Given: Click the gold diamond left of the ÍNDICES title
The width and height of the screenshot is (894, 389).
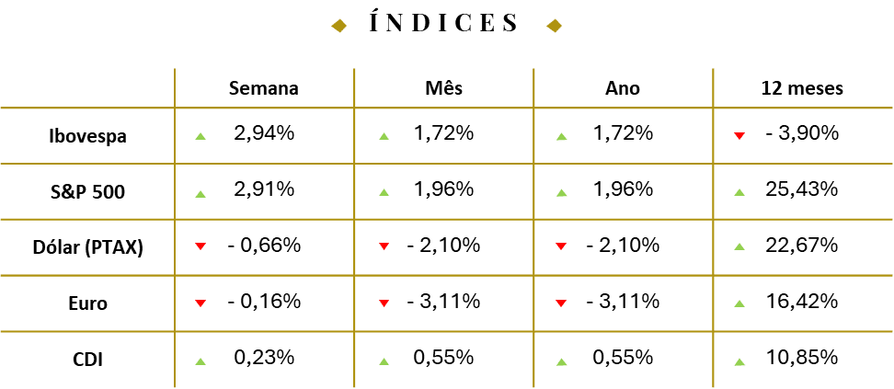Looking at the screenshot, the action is (339, 26).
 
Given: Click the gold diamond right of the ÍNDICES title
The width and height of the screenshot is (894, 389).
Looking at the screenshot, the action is (555, 26).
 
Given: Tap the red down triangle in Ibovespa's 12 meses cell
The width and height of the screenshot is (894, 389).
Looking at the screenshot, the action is (739, 136).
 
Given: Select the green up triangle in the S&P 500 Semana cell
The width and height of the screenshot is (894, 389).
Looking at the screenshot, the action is (201, 194).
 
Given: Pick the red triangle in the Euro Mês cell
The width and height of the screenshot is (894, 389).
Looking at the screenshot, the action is (384, 303).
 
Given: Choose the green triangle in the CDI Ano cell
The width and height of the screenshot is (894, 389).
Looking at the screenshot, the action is (562, 361).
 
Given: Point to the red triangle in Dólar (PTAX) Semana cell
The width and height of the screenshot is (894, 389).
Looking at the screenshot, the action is (201, 246).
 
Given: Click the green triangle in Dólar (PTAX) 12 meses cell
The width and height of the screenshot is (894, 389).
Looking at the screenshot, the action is (739, 246).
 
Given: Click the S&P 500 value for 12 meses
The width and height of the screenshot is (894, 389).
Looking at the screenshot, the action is (801, 189).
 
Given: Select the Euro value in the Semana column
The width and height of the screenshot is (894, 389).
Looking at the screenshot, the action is (264, 301).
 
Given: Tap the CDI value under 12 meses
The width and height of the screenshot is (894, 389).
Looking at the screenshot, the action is (801, 358).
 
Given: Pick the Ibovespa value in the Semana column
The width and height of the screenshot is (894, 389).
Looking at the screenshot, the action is (264, 133).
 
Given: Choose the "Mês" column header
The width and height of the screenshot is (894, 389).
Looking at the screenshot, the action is (444, 88).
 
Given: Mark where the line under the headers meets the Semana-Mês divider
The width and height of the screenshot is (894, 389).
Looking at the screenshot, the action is (354, 108).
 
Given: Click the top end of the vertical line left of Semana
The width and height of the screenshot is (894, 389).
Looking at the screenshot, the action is (175, 69).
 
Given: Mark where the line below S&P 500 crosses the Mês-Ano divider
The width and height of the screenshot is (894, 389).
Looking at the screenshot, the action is (533, 219).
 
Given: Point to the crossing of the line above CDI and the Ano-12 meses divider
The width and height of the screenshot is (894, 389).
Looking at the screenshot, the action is (713, 331).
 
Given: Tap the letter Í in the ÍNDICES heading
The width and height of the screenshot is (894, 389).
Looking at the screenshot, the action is (375, 22).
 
